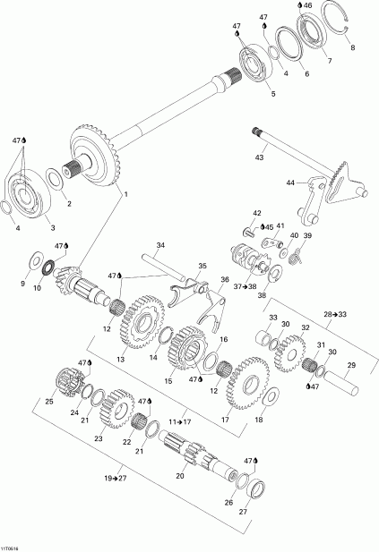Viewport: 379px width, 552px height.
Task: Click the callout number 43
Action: tap(259, 157)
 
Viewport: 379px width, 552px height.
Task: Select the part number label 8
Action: tap(352, 47)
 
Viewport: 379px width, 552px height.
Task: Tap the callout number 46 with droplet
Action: tap(330, 6)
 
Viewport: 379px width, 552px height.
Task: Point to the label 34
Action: tap(160, 245)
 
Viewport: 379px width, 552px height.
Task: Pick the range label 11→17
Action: tap(180, 420)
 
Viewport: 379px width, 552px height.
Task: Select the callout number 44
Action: tap(290, 183)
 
